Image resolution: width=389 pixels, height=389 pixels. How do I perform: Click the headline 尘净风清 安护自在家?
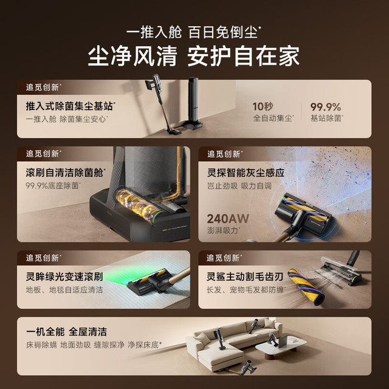[194, 56]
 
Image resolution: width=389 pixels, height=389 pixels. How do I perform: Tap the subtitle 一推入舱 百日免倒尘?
[193, 32]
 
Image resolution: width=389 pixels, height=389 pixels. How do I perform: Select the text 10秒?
[263, 107]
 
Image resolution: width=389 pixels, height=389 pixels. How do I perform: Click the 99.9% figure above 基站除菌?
[326, 107]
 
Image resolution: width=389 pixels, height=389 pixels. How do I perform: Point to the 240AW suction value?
[228, 219]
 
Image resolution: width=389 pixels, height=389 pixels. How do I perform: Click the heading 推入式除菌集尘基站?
[70, 106]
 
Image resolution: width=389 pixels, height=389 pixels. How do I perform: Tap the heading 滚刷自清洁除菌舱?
[65, 173]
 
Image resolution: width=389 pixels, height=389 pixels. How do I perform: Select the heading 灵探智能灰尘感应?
[246, 173]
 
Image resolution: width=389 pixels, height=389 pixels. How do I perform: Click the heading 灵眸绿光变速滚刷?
[64, 277]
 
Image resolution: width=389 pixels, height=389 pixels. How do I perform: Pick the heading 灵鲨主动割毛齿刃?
[245, 277]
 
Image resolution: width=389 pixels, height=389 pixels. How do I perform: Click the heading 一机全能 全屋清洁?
[66, 332]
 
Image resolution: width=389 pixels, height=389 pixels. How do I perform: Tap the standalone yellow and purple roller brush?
[306, 287]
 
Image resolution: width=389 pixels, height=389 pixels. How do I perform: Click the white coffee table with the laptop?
[281, 346]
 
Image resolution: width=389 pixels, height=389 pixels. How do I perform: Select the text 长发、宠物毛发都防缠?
[246, 289]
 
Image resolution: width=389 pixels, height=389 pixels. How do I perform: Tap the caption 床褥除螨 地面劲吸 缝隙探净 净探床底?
[93, 345]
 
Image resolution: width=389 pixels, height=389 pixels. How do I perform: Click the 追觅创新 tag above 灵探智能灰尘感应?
[224, 154]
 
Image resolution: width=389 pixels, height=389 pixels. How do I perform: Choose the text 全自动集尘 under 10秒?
[273, 118]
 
